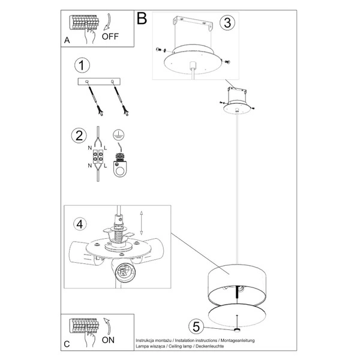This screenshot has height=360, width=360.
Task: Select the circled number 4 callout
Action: pos(78,224)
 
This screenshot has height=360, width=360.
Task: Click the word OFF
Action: pos(110,36)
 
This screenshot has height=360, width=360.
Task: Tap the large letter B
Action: pos(142,19)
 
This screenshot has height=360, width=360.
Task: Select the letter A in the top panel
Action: pos(67,41)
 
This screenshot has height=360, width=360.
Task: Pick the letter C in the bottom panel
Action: pos(67,344)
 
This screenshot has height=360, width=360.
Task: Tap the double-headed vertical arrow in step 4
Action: pos(140,223)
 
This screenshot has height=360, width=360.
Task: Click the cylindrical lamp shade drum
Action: pos(238,282)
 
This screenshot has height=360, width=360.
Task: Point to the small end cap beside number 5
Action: pos(238,330)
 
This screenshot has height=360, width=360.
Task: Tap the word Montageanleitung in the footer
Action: pos(234,340)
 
